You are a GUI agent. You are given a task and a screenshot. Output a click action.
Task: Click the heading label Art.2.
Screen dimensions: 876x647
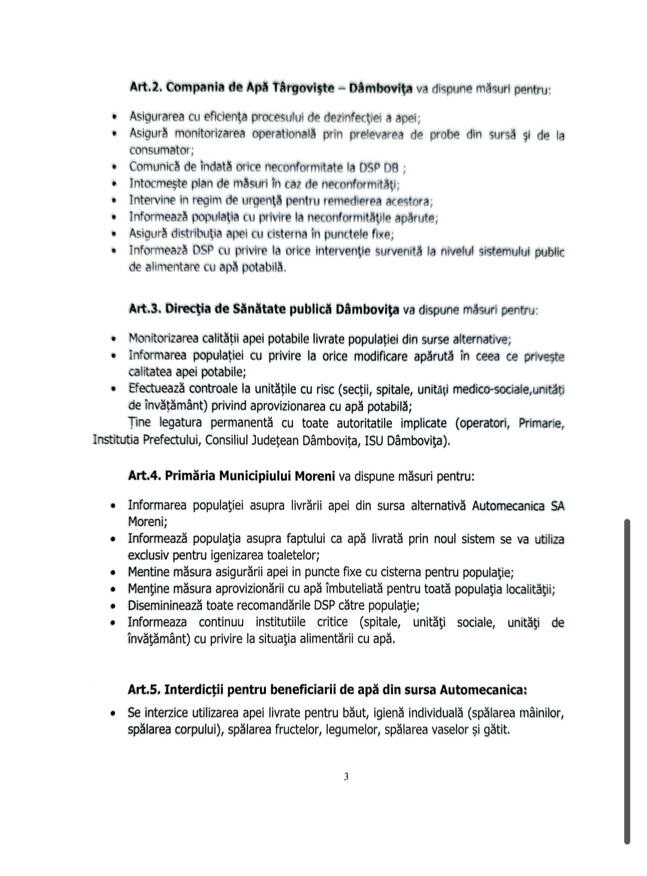145,88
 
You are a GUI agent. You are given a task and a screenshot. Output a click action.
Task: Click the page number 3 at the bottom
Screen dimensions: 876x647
346,777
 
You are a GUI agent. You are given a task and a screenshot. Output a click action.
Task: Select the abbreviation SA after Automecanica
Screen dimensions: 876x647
557,505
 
